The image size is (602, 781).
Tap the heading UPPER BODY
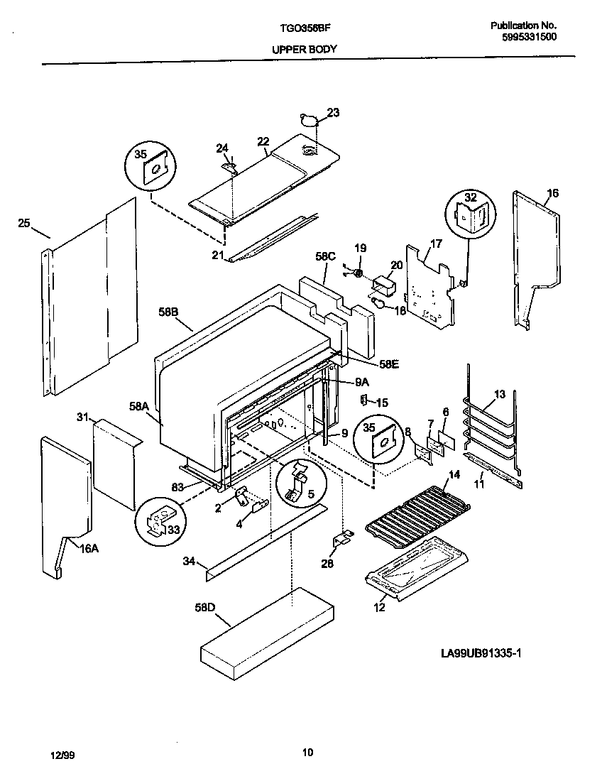click(x=304, y=50)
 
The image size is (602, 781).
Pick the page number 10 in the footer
click(x=307, y=753)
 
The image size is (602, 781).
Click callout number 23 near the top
click(x=333, y=112)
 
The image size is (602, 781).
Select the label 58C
click(x=324, y=257)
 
